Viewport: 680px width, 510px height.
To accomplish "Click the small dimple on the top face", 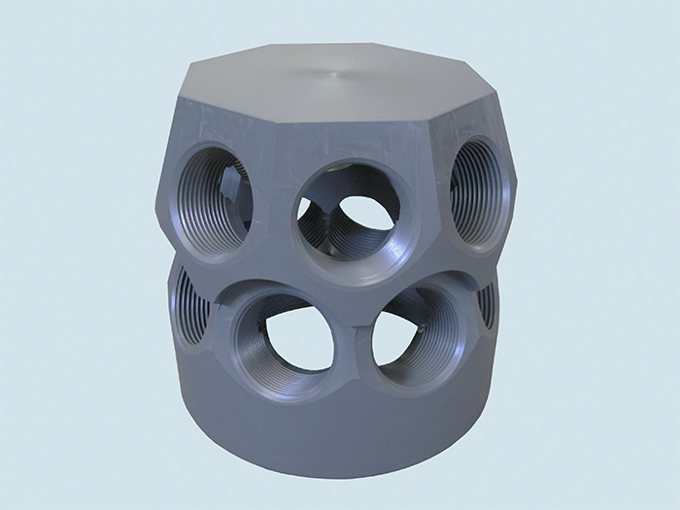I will (x=336, y=73).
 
